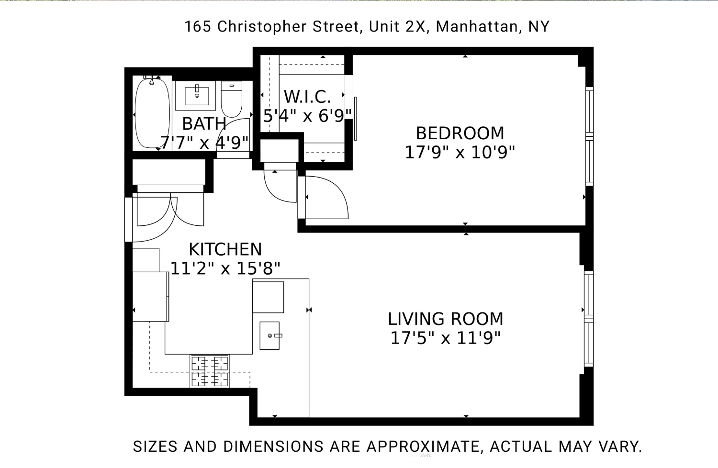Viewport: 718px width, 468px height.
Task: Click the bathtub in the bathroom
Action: [x=152, y=113]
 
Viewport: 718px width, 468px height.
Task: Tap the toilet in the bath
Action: [x=232, y=100]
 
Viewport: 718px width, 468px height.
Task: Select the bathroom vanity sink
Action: [x=197, y=95]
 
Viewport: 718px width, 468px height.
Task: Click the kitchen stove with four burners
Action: [x=210, y=371]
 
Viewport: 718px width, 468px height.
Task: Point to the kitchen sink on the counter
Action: [x=270, y=335]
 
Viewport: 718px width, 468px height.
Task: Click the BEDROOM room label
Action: [x=460, y=133]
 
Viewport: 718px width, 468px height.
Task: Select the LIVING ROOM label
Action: [x=445, y=319]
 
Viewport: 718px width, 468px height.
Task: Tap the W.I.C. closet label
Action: [x=307, y=97]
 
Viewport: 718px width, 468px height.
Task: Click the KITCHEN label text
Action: [x=225, y=249]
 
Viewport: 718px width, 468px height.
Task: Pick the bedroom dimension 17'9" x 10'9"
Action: [x=460, y=153]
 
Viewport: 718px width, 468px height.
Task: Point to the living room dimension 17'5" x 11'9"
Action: [x=445, y=338]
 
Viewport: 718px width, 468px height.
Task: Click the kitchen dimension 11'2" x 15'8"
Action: [x=225, y=268]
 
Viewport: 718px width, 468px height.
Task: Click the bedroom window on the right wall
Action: [x=589, y=136]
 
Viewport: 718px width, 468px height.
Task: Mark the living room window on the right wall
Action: [x=589, y=319]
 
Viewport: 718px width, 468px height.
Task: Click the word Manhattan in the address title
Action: [x=477, y=26]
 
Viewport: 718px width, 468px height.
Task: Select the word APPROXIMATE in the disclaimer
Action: [x=423, y=446]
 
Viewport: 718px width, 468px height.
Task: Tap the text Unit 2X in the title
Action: [x=397, y=26]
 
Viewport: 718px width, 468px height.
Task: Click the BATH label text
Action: [x=204, y=123]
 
